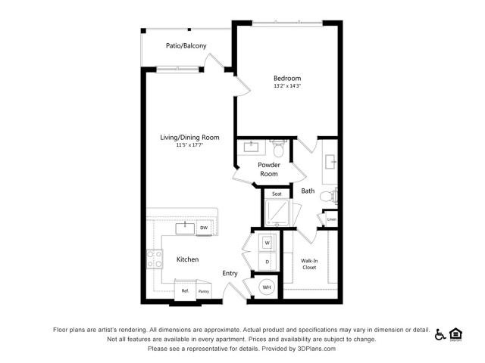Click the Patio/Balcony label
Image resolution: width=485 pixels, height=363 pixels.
(x=186, y=46)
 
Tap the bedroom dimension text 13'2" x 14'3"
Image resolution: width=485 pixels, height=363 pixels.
(x=287, y=86)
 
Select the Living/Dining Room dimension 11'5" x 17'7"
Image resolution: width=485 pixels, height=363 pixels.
(x=189, y=144)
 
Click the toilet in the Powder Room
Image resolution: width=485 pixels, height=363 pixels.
(x=279, y=148)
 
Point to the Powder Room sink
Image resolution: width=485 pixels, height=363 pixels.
(x=251, y=147)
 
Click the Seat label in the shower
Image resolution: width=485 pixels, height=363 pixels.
(x=277, y=194)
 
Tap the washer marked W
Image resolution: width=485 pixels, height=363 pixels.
(x=268, y=243)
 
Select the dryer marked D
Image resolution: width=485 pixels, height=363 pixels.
(x=268, y=262)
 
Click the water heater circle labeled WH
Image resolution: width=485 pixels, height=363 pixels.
(x=267, y=287)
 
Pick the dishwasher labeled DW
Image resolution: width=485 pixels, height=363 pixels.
(x=204, y=228)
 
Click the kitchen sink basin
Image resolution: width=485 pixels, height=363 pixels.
(x=185, y=228)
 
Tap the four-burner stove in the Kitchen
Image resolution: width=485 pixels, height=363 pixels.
(x=155, y=259)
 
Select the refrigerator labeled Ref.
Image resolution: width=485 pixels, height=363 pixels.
(x=185, y=290)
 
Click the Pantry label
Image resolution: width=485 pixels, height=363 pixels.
(x=204, y=291)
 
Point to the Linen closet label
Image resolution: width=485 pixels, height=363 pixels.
(x=332, y=219)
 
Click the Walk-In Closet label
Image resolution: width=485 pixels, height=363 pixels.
(x=309, y=264)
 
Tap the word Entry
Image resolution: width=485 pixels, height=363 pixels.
(x=230, y=274)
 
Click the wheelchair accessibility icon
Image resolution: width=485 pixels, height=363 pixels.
(x=440, y=334)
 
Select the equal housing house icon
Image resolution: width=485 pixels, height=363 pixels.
(x=455, y=334)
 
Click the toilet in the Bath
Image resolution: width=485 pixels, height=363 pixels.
(x=328, y=196)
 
